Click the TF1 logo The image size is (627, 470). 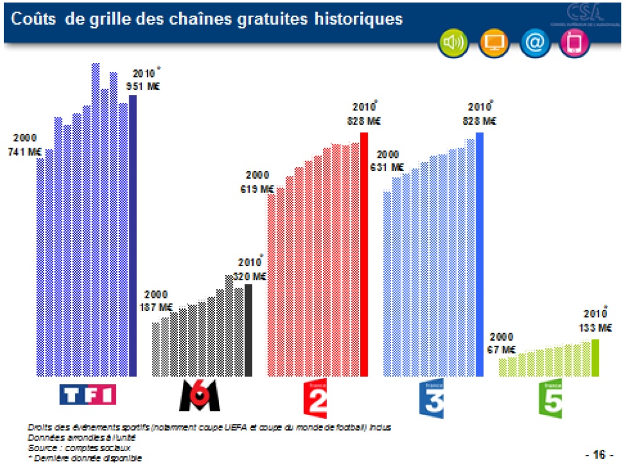87,396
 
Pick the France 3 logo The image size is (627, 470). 431,399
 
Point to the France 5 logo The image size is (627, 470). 549,399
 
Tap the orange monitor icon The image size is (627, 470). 495,43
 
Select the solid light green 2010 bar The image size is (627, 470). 595,357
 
